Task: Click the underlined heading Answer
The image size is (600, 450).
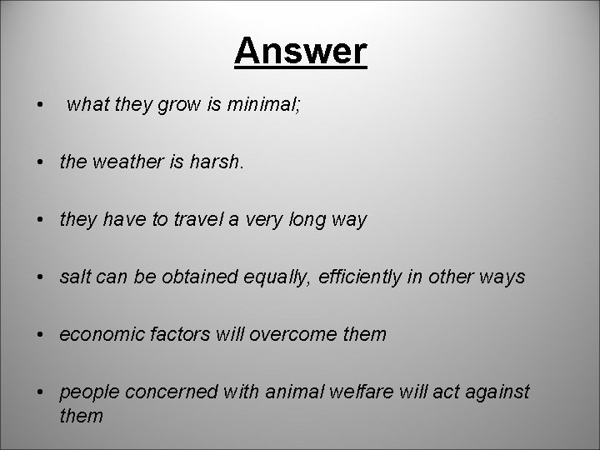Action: [300, 52]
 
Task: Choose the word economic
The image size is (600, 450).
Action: [102, 335]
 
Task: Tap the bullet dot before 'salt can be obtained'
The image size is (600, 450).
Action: [40, 278]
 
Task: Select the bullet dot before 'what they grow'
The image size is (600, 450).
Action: [40, 107]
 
